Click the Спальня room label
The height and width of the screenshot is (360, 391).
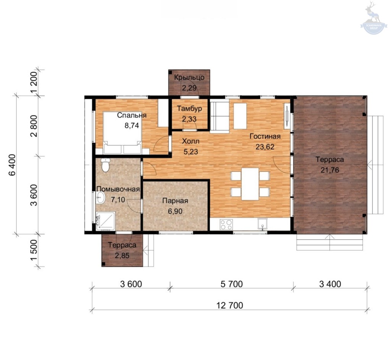132,115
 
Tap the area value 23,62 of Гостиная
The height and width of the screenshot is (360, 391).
265,147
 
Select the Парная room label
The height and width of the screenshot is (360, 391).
175,201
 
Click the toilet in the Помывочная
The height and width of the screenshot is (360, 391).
105,165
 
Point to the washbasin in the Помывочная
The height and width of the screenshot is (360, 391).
100,198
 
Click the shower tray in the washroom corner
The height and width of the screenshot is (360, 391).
105,221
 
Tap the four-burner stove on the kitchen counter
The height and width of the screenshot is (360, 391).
226,224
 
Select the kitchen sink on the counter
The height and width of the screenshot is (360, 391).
263,224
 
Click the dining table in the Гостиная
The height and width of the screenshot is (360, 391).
250,184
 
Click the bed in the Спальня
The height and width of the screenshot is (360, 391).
123,132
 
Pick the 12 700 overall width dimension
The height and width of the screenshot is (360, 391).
229,305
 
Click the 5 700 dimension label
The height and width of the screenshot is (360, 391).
231,284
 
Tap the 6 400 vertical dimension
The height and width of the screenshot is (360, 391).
12,165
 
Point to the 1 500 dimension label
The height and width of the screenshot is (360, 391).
34,250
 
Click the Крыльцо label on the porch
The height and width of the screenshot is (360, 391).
189,77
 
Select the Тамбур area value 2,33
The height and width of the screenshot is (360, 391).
189,119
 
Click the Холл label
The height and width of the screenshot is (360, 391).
191,141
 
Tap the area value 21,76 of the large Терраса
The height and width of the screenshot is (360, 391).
330,170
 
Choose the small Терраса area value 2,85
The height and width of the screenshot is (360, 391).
122,255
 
